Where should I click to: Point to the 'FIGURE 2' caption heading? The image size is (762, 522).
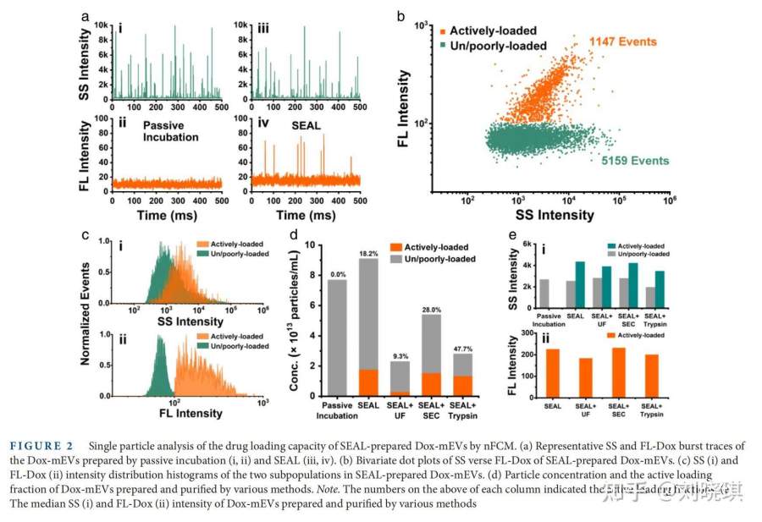42,446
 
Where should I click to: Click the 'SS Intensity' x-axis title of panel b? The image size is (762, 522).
555,215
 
